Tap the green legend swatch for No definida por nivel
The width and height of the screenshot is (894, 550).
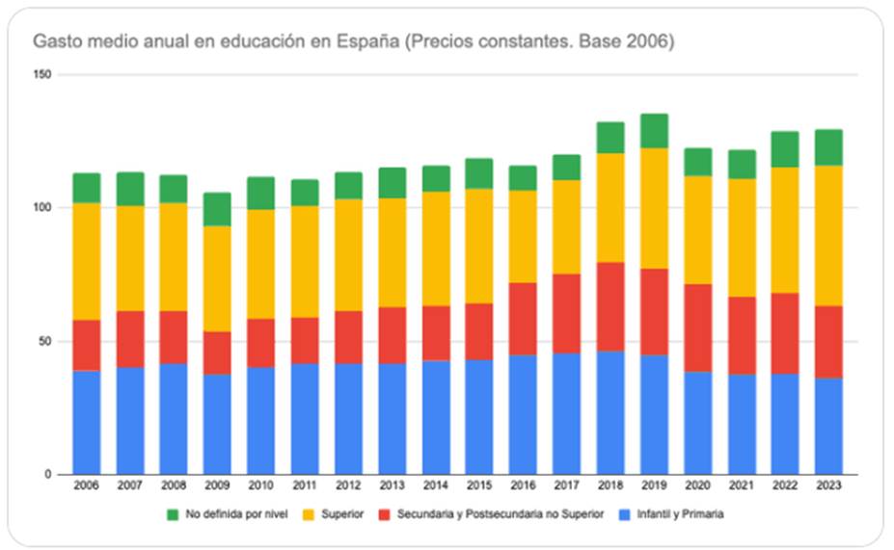pyautogui.click(x=174, y=514)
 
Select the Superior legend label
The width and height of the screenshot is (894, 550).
pyautogui.click(x=342, y=514)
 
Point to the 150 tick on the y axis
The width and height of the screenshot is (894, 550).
pyautogui.click(x=42, y=75)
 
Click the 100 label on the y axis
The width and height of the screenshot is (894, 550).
pyautogui.click(x=42, y=208)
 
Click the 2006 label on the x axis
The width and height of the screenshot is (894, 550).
pyautogui.click(x=87, y=485)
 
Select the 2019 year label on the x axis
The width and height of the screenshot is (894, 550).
pyautogui.click(x=654, y=485)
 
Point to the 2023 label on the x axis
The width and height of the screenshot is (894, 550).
pyautogui.click(x=827, y=485)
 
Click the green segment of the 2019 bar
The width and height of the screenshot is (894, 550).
pyautogui.click(x=654, y=131)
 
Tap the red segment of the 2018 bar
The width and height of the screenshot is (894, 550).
pyautogui.click(x=610, y=306)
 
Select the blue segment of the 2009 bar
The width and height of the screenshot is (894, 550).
pyautogui.click(x=217, y=424)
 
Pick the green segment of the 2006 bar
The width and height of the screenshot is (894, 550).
pyautogui.click(x=87, y=188)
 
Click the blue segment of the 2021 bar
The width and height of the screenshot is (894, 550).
pyautogui.click(x=741, y=424)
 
